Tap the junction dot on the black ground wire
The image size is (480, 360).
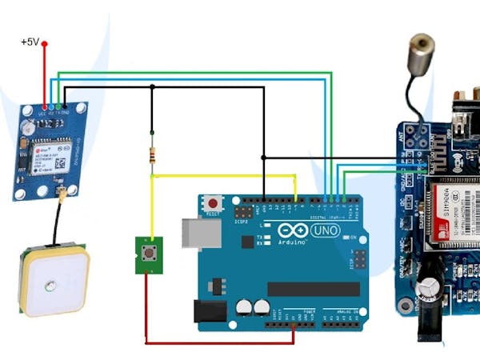tap(152, 89)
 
